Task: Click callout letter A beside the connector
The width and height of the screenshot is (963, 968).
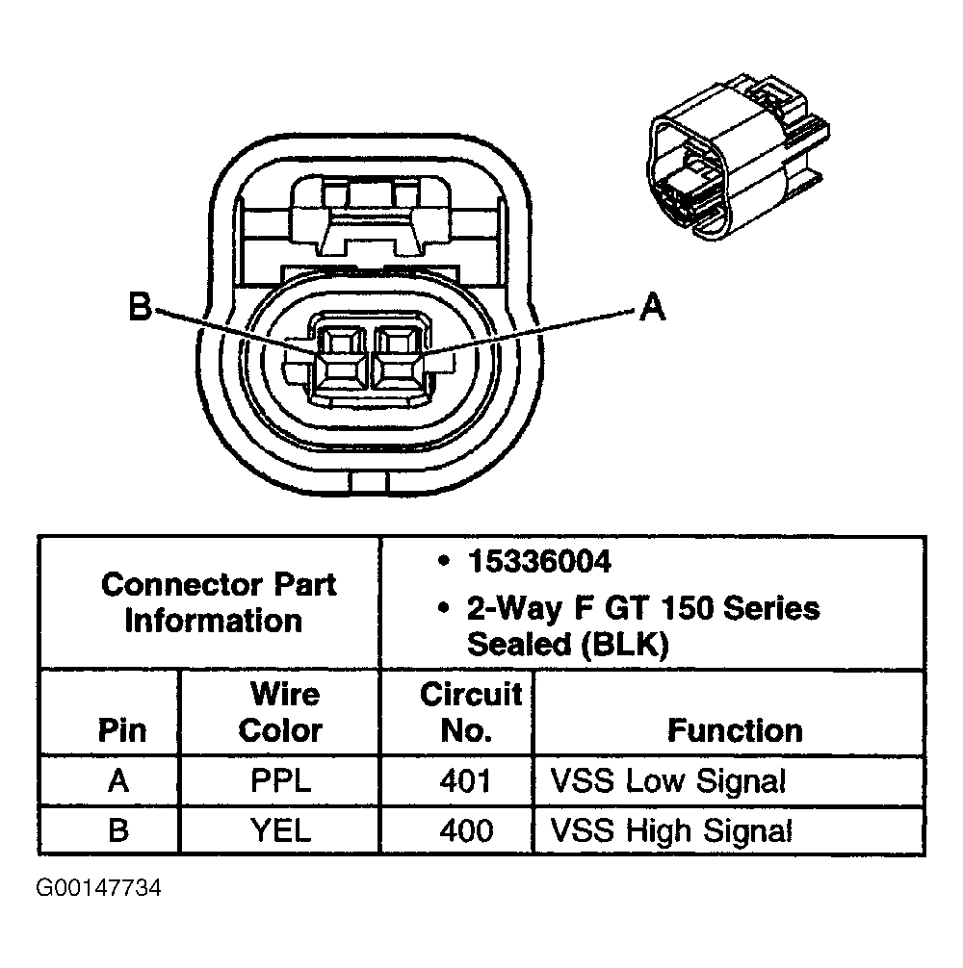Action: [652, 307]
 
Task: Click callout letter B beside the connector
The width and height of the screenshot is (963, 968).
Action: [141, 307]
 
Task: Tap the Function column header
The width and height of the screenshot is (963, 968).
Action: [734, 730]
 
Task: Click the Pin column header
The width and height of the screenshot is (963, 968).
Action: [122, 730]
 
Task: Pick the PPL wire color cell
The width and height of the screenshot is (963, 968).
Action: [280, 780]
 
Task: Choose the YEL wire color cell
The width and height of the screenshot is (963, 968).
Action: [280, 829]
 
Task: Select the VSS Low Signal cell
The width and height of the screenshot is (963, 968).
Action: [667, 780]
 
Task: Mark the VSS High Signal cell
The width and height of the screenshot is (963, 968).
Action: [671, 829]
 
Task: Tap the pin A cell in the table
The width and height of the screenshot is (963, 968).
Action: [117, 780]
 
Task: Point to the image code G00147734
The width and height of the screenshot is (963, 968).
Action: [99, 886]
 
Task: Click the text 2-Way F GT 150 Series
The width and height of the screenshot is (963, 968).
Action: [642, 608]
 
